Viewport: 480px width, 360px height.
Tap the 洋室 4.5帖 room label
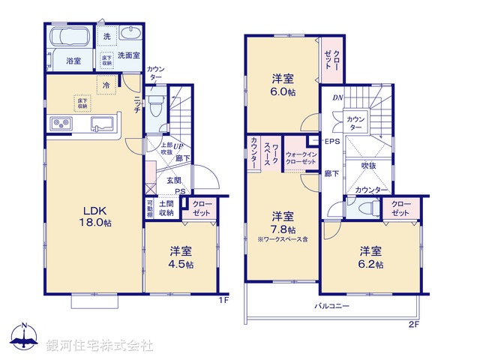[x=180, y=257]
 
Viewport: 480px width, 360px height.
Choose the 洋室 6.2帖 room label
[x=370, y=257]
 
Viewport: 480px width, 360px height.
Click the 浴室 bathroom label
[x=73, y=60]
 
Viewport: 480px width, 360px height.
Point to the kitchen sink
[x=102, y=124]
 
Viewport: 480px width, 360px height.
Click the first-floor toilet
[x=155, y=103]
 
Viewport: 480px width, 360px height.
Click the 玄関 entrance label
[x=173, y=180]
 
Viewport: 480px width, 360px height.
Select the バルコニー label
[x=331, y=306]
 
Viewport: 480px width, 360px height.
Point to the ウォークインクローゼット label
[x=302, y=160]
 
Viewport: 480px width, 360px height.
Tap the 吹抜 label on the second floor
[x=367, y=165]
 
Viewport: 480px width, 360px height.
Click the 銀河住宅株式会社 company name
[x=100, y=345]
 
